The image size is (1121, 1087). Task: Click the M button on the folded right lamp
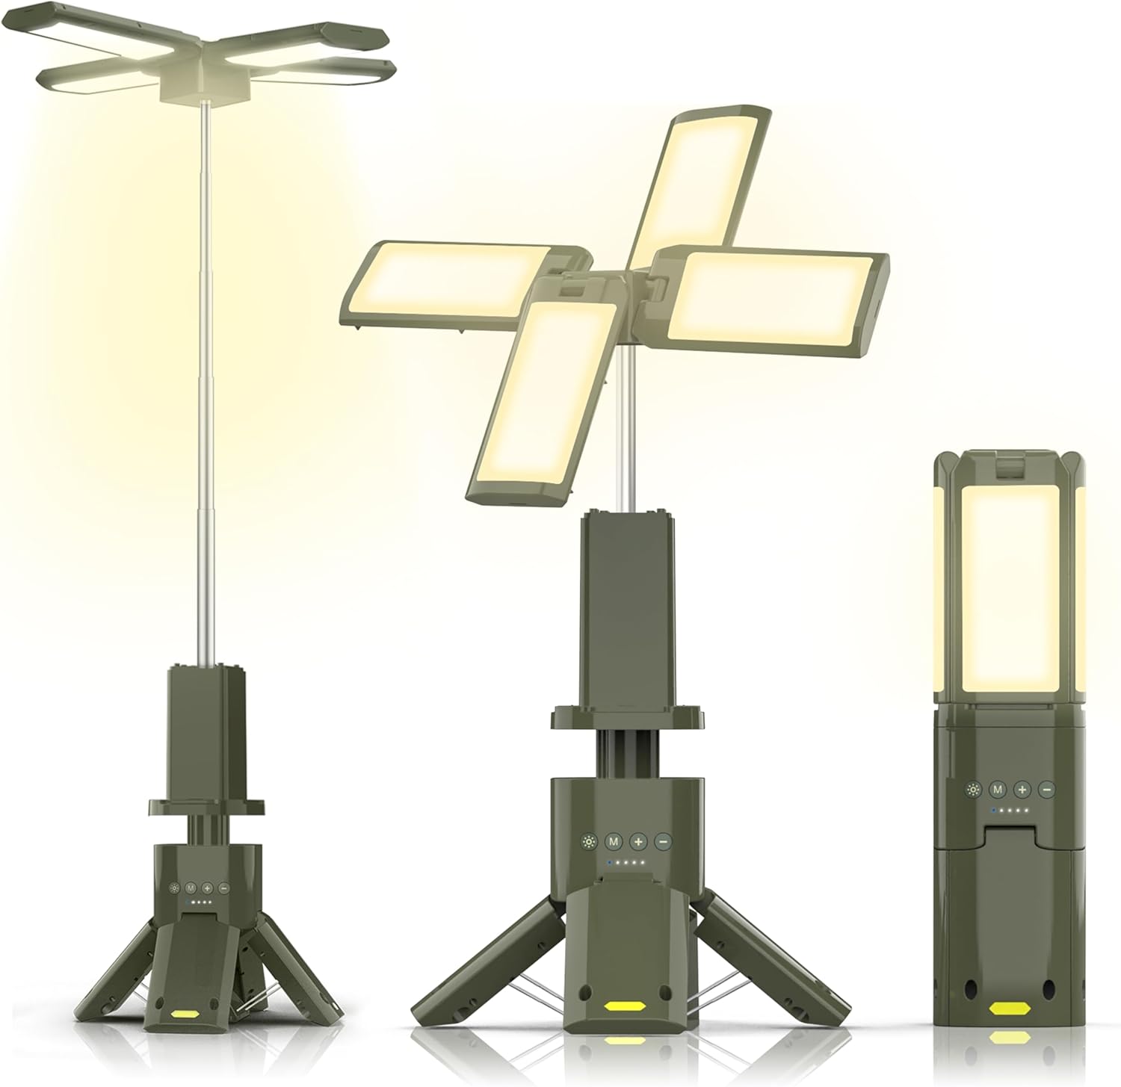tap(996, 789)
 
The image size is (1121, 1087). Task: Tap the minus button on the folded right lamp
tap(1047, 789)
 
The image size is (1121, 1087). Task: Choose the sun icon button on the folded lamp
tap(972, 789)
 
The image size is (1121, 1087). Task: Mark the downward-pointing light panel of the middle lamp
tap(538, 396)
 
